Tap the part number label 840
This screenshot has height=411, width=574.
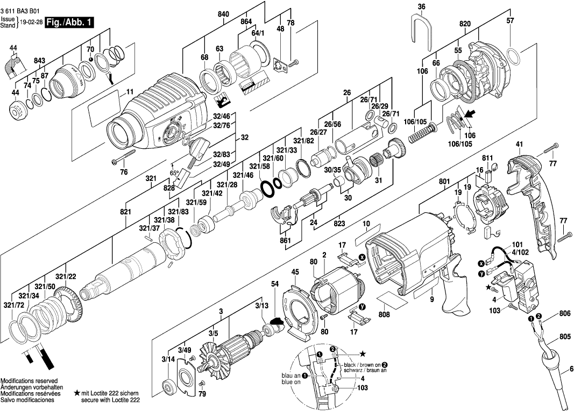point(223,15)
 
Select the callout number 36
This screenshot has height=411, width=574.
point(421,6)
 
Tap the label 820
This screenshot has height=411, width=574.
point(465,24)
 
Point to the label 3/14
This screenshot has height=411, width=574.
point(168,358)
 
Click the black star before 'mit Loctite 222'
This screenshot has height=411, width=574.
point(77,394)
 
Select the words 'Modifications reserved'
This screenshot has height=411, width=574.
point(27,380)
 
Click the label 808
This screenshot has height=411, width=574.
point(384,315)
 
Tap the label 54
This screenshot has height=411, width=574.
point(275,283)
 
